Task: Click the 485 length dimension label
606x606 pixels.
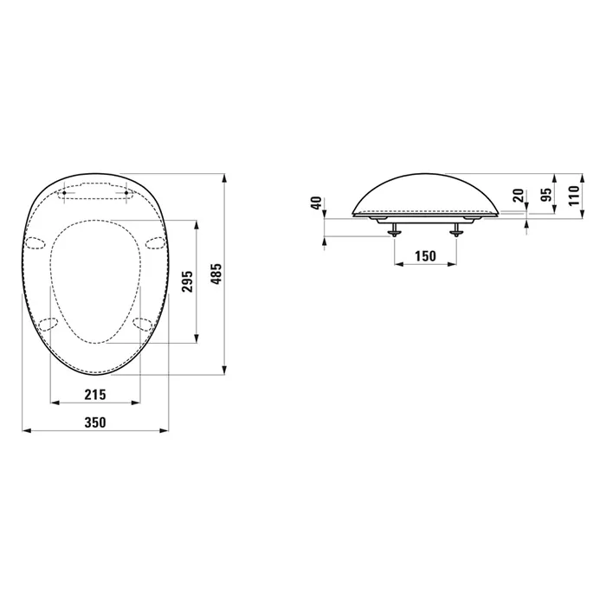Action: click(217, 274)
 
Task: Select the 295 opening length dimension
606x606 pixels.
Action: click(188, 281)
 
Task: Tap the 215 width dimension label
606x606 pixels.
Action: click(95, 395)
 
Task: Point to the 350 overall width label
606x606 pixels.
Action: click(95, 422)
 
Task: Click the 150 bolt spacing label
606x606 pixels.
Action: click(425, 256)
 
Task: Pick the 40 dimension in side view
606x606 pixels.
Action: click(317, 203)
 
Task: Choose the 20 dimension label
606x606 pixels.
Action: click(519, 195)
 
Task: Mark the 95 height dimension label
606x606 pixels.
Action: click(545, 195)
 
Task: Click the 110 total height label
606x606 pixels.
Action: click(574, 195)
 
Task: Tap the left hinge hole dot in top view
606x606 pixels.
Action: click(64, 192)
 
